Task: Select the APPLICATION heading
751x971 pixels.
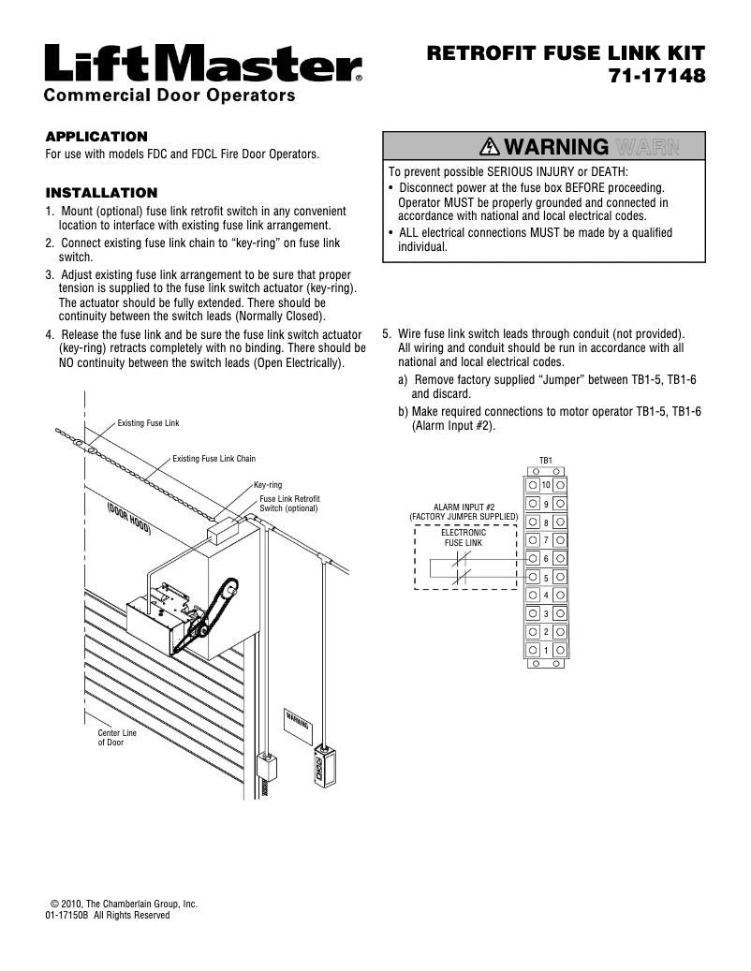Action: pyautogui.click(x=96, y=137)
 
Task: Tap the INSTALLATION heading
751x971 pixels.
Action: pyautogui.click(x=101, y=193)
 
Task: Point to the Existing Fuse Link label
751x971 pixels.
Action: pyautogui.click(x=148, y=424)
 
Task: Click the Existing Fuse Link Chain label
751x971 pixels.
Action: pyautogui.click(x=214, y=459)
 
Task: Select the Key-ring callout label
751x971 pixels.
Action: pyautogui.click(x=268, y=485)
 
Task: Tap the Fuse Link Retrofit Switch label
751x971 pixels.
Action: pyautogui.click(x=289, y=504)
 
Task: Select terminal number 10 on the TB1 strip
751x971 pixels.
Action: pyautogui.click(x=546, y=485)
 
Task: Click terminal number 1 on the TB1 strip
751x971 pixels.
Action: pyautogui.click(x=546, y=649)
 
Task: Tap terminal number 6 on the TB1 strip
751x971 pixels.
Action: pyautogui.click(x=546, y=558)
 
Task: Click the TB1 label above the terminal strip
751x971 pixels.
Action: pyautogui.click(x=546, y=461)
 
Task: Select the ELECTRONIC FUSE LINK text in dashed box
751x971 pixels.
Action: pyautogui.click(x=464, y=537)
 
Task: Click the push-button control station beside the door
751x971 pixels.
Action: pyautogui.click(x=324, y=765)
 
